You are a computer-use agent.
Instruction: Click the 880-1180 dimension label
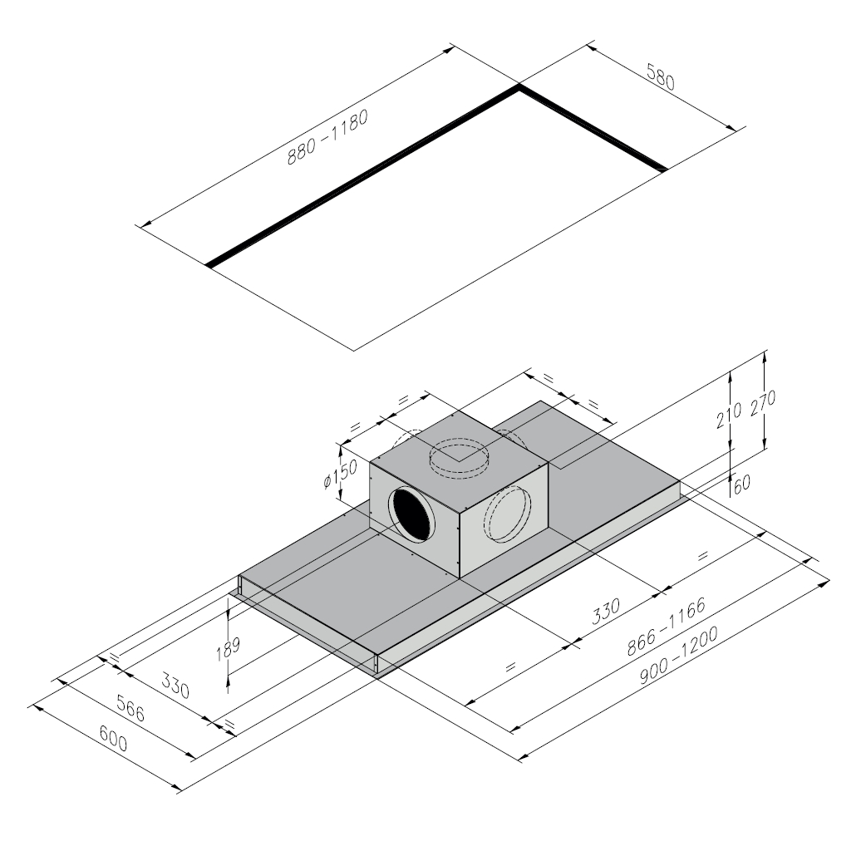click(327, 137)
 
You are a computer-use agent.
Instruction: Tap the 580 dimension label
click(660, 76)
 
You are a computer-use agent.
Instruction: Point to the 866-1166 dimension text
click(666, 627)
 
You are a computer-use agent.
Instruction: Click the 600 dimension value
click(114, 738)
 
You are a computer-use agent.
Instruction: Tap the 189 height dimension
click(228, 649)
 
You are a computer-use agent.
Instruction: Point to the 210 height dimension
click(728, 415)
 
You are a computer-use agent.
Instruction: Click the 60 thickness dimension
click(741, 484)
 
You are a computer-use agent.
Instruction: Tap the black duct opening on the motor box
click(412, 514)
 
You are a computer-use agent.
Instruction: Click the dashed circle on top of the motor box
click(459, 459)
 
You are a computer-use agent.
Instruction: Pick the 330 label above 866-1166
click(606, 611)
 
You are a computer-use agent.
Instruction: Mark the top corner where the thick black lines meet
click(519, 86)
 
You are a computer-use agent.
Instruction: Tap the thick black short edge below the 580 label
click(593, 129)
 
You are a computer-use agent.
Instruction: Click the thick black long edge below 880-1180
click(362, 176)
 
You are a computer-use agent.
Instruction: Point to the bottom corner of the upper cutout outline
click(354, 350)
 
